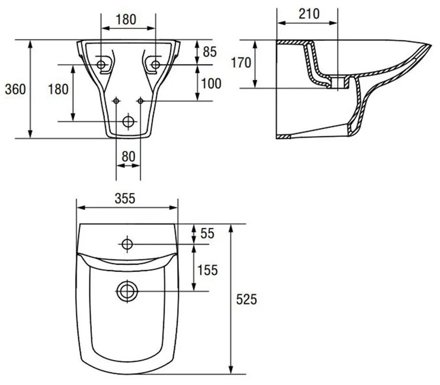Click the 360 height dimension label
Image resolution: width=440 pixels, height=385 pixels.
coord(15,89)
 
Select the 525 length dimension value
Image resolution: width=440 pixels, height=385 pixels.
coord(246,299)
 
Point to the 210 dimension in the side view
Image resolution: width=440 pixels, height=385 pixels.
coord(309,13)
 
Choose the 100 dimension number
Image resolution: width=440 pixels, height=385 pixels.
coord(211,83)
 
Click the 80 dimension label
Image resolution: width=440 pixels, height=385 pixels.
coord(128,156)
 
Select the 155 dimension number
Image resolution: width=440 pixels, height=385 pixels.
coord(208,269)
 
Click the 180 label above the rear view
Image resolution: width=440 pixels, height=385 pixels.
coord(126,19)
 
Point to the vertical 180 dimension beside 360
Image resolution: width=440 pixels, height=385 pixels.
coord(58,89)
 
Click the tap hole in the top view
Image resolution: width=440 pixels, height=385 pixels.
coord(127,244)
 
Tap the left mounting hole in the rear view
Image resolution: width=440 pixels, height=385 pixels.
coord(102,64)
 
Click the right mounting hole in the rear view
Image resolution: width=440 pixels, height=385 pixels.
coord(155,64)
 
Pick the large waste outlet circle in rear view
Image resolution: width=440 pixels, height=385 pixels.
coord(128,121)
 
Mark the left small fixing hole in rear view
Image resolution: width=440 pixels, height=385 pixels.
coord(116,101)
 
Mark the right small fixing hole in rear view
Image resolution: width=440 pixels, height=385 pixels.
coord(140,101)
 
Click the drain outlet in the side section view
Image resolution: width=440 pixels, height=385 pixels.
coord(341,83)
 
